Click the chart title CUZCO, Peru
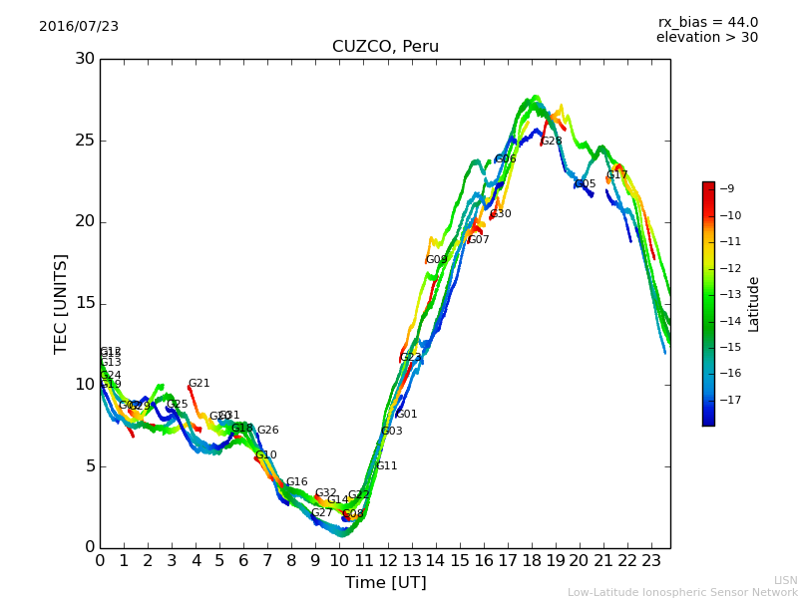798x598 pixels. pyautogui.click(x=385, y=47)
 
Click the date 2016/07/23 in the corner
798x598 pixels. pyautogui.click(x=79, y=27)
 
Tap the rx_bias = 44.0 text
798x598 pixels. pyautogui.click(x=707, y=23)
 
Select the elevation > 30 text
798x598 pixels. pyautogui.click(x=706, y=38)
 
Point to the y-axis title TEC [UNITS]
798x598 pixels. pyautogui.click(x=61, y=303)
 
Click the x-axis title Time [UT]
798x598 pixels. pyautogui.click(x=385, y=583)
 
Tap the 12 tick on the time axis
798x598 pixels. pyautogui.click(x=388, y=560)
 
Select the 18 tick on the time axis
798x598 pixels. pyautogui.click(x=532, y=560)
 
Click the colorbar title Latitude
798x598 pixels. pyautogui.click(x=754, y=304)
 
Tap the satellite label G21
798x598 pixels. pyautogui.click(x=199, y=384)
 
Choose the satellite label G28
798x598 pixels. pyautogui.click(x=552, y=142)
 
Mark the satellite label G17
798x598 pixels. pyautogui.click(x=617, y=175)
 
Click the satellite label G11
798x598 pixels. pyautogui.click(x=387, y=466)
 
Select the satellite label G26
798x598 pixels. pyautogui.click(x=268, y=431)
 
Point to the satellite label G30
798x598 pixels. pyautogui.click(x=501, y=214)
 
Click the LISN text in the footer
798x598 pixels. pyautogui.click(x=786, y=580)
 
